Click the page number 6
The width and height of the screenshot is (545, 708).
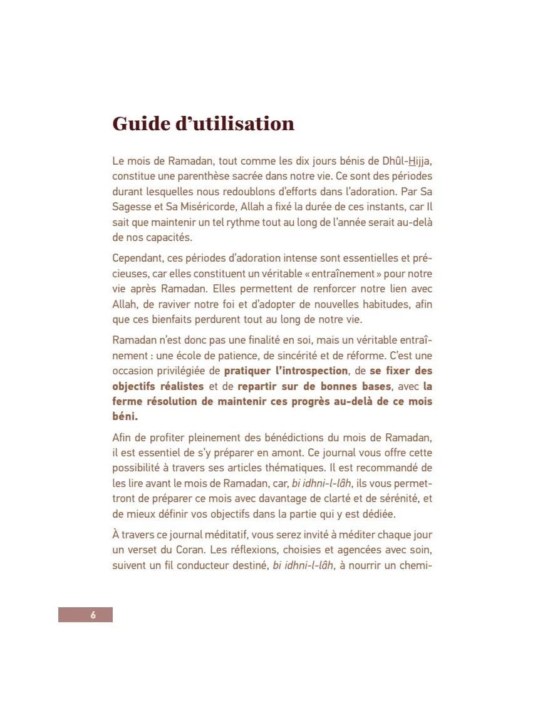pos(93,615)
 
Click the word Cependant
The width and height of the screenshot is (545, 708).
pos(138,258)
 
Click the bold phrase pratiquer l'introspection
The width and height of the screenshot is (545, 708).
pos(286,371)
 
